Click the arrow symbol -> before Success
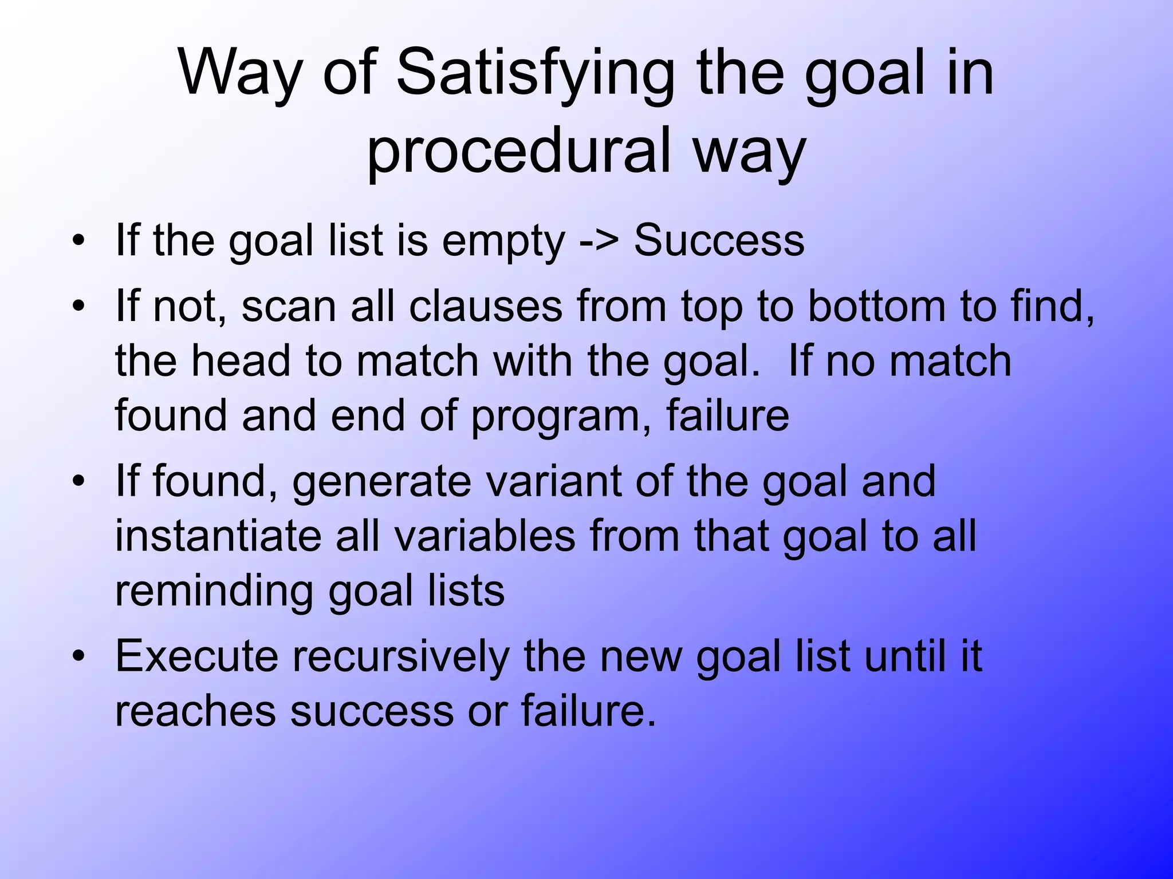[599, 241]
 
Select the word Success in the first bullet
[719, 241]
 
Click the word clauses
[486, 306]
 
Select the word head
[241, 361]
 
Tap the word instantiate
[218, 536]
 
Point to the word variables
[485, 536]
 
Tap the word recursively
[400, 656]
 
